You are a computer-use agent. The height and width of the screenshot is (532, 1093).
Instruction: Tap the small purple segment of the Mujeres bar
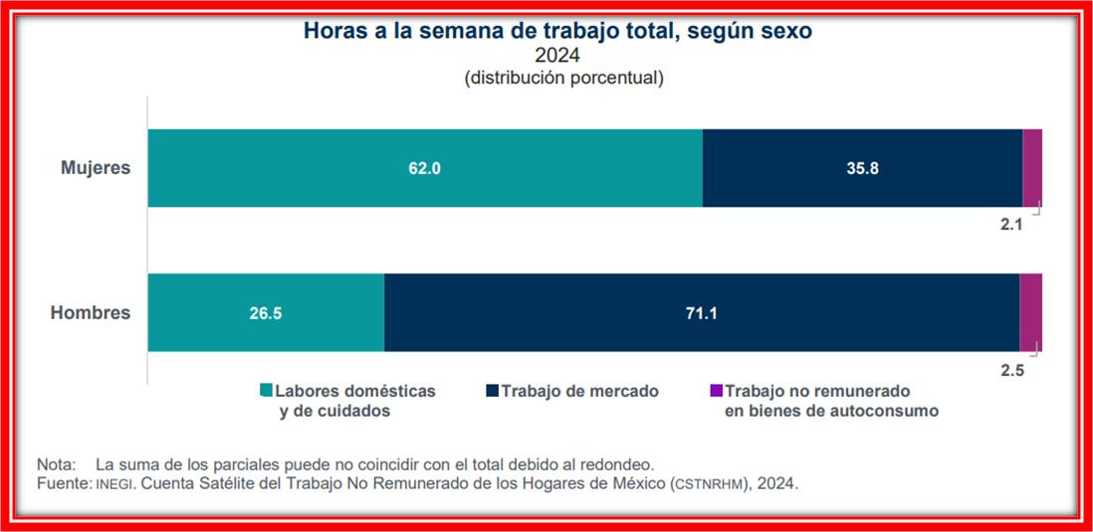1032,168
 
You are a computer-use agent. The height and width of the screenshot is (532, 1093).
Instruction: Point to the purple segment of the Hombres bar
1030,312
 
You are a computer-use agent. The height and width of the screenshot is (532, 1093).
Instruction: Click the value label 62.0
425,169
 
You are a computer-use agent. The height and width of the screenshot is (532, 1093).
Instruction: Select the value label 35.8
862,169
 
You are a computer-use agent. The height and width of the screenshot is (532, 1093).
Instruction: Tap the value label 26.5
266,313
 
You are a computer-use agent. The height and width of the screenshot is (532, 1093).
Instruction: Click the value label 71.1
701,313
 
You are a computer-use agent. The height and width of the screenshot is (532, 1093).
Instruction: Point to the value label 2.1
1011,226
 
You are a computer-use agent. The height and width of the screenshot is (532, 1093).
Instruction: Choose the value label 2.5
1011,370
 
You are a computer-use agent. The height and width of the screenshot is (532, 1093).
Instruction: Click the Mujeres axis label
96,168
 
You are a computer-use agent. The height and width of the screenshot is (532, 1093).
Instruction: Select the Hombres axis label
91,313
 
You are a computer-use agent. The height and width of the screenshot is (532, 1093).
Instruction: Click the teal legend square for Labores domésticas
266,392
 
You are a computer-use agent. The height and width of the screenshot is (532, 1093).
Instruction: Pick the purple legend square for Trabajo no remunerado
714,392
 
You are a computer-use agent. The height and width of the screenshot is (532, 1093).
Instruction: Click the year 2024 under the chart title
562,55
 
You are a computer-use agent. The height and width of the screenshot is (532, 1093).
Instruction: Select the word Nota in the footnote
56,465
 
